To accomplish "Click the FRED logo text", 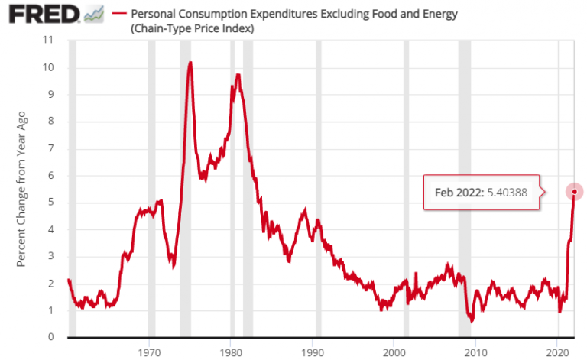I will point(40,14).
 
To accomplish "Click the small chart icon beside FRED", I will point(93,14).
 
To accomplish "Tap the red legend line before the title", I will point(118,14).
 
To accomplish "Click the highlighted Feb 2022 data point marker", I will point(574,192).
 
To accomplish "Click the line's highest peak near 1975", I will point(190,63).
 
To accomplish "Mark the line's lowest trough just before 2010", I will point(472,321).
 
